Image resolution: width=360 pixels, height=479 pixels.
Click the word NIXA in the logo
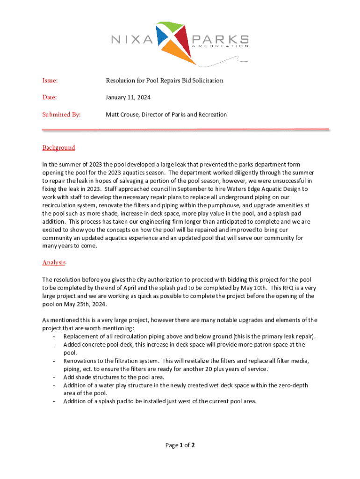point(132,39)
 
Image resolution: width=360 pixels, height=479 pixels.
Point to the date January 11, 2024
point(128,98)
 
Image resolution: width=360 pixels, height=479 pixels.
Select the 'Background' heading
point(58,148)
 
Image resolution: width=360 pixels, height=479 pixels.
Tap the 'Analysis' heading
point(54,263)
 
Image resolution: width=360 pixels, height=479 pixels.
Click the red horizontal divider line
point(186,130)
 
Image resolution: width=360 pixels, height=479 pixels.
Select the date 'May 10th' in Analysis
point(255,288)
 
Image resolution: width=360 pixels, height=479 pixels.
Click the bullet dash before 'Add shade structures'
point(55,377)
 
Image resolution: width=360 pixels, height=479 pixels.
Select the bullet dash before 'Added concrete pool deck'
point(55,345)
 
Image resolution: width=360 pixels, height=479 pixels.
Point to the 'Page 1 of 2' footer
point(180,445)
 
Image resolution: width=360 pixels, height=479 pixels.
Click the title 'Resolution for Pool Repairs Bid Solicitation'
point(165,81)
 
